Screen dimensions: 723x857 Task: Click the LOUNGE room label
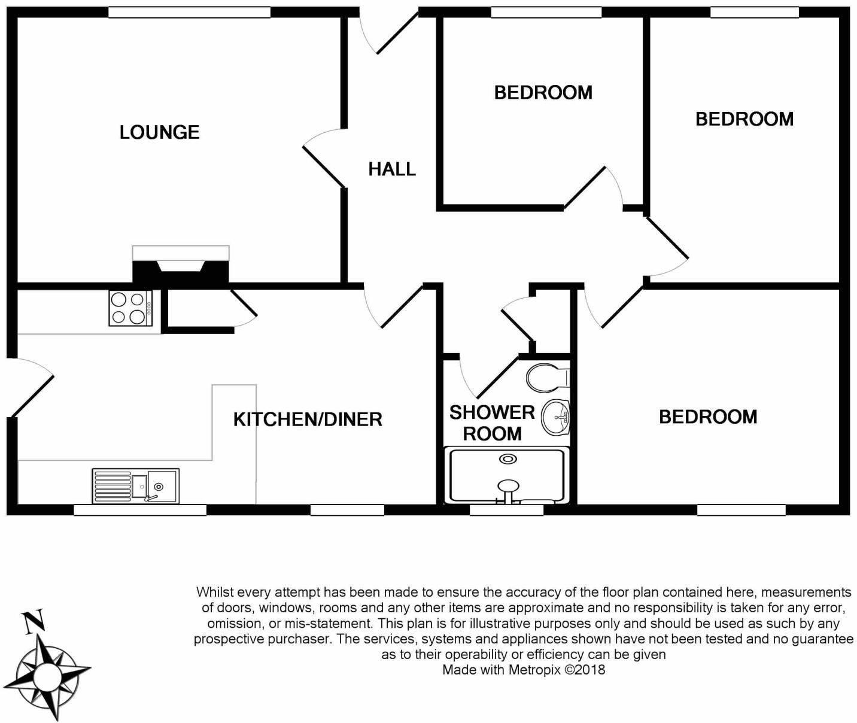(159, 132)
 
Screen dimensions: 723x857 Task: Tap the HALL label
(392, 169)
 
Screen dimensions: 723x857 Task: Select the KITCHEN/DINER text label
(308, 420)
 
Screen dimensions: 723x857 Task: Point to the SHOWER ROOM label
(492, 423)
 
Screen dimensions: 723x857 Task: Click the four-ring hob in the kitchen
(130, 308)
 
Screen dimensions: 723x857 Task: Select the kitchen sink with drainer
(135, 485)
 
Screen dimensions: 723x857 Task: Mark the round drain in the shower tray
(508, 459)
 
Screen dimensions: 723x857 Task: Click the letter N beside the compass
(33, 621)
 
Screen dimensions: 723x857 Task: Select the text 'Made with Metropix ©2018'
(524, 670)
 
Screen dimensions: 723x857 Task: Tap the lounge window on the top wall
(189, 13)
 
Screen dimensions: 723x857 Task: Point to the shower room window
(506, 510)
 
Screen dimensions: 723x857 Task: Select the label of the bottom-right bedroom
(708, 417)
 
